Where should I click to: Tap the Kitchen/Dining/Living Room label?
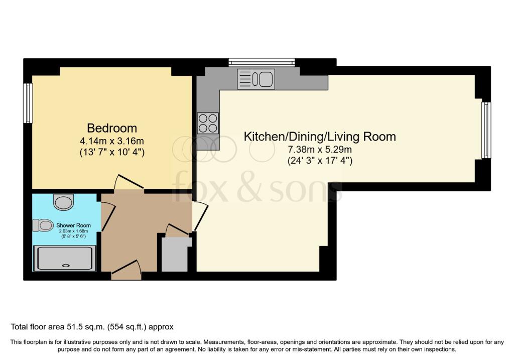tap(320, 136)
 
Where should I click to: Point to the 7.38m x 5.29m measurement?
tap(320, 149)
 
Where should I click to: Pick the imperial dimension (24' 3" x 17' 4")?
tap(320, 161)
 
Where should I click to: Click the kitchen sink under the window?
tap(256, 79)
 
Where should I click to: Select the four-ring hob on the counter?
tap(208, 123)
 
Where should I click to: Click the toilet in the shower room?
tap(43, 225)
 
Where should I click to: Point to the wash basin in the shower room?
tap(63, 202)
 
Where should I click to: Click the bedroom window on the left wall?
tap(28, 103)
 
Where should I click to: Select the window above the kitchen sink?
tap(261, 63)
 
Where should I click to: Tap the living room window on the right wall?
tap(485, 130)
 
